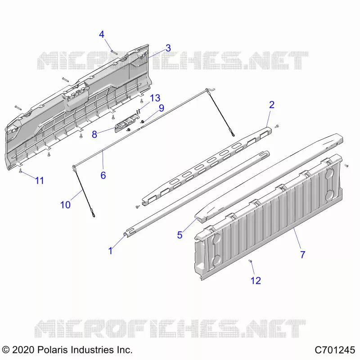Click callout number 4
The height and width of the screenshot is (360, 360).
click(x=102, y=35)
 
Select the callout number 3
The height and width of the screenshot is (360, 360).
click(x=168, y=48)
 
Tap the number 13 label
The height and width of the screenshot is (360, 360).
click(x=155, y=98)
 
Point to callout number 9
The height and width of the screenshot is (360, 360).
click(x=162, y=108)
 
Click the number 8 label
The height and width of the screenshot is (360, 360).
click(x=94, y=134)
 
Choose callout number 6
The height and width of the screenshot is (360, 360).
click(x=103, y=175)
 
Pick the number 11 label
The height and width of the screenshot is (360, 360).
click(x=40, y=181)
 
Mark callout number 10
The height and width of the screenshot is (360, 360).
click(x=65, y=205)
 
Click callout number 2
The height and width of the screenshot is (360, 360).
click(x=272, y=105)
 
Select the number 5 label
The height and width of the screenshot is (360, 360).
click(x=180, y=235)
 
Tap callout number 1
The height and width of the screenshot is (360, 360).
click(x=110, y=251)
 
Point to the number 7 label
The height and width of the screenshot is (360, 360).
click(x=302, y=255)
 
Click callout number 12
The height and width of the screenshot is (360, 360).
click(x=256, y=280)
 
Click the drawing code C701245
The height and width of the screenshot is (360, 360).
click(x=335, y=350)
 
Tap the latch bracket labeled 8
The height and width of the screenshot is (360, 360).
click(x=127, y=123)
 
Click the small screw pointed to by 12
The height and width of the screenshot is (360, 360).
click(x=250, y=261)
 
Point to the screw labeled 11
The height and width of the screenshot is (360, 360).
click(x=20, y=170)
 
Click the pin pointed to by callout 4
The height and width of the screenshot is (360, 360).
click(x=114, y=52)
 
